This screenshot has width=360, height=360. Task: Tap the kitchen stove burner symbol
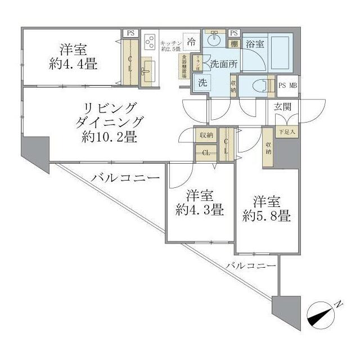pos(150,42)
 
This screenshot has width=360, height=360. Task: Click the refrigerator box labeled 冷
pos(192,41)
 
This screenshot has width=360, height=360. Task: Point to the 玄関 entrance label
pos(282,107)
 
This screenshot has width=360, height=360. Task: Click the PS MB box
pos(290,85)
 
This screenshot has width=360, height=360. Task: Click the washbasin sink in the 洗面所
pos(214,41)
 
